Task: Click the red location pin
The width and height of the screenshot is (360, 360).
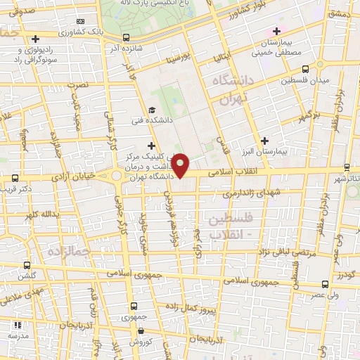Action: (x=181, y=166)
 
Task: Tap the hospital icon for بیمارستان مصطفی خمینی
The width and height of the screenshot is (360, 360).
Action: (x=276, y=32)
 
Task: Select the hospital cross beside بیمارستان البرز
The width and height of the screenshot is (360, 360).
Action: (x=264, y=141)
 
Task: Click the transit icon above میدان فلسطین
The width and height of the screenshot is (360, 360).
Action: (x=305, y=70)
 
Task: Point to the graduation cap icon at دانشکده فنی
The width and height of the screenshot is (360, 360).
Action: (x=153, y=110)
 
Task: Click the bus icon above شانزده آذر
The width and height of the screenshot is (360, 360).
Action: (x=125, y=37)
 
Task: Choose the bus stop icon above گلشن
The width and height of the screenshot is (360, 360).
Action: (x=27, y=265)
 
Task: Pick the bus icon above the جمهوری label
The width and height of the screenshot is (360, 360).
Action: (x=134, y=306)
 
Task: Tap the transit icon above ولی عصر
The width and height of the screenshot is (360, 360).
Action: (x=324, y=284)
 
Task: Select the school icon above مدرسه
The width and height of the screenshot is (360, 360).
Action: (x=18, y=326)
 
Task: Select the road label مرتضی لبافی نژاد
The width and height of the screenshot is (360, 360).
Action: (x=289, y=251)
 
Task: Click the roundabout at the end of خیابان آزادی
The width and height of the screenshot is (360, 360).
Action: (x=117, y=176)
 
